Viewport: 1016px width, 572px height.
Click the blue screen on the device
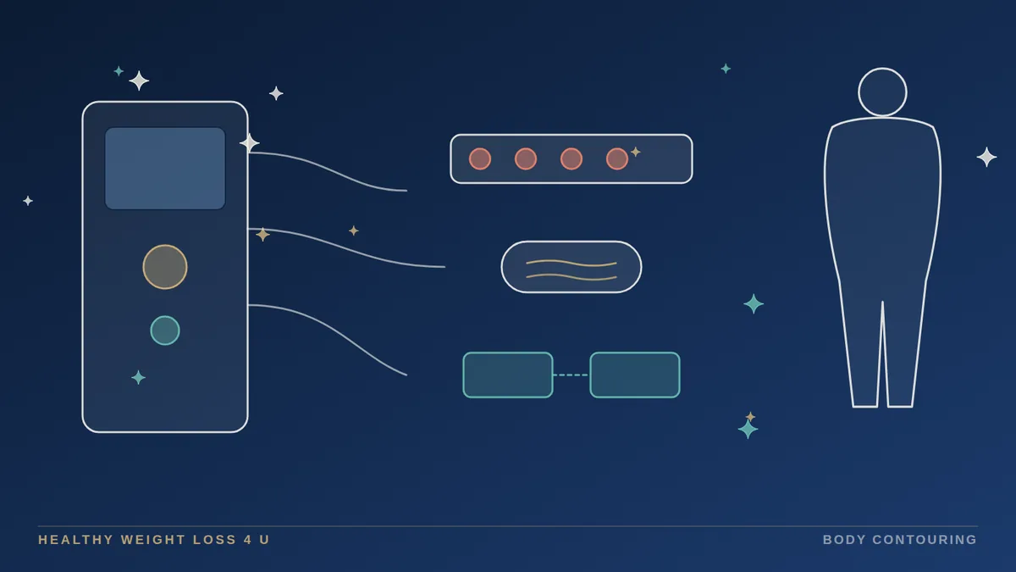tap(165, 169)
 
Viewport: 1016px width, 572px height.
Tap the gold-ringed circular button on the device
tap(165, 267)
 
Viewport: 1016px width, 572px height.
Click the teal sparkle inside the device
tap(138, 377)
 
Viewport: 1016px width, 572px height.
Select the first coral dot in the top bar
tap(480, 159)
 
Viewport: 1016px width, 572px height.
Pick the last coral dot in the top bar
tap(617, 159)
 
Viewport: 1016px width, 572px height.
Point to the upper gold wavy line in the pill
tap(571, 264)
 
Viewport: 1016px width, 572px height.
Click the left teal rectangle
tap(508, 375)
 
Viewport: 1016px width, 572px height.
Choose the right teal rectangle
tap(635, 375)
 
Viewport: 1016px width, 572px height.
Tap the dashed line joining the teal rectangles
tap(571, 375)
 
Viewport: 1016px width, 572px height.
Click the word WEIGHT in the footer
tap(152, 540)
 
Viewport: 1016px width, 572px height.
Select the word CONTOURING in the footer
tap(925, 540)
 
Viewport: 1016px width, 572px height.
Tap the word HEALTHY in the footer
tap(75, 540)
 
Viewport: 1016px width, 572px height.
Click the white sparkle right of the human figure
tap(986, 157)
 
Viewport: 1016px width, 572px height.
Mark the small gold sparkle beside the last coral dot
tap(636, 152)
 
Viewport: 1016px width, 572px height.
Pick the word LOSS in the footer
tap(214, 540)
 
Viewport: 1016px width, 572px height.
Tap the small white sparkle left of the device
tap(28, 201)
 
